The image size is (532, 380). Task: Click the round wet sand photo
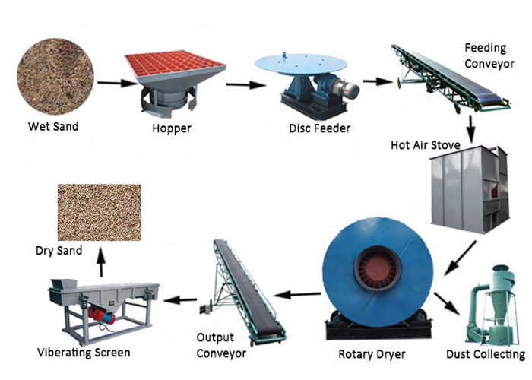pos(55,76)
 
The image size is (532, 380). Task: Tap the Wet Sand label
pos(53,127)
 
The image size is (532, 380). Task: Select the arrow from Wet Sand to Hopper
pos(117,83)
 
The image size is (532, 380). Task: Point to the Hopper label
pos(172,128)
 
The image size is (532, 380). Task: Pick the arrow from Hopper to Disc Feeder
pos(245,84)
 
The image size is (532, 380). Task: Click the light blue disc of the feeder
pos(301,64)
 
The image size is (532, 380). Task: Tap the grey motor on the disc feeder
pos(345,89)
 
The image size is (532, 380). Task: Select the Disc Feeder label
pos(320,128)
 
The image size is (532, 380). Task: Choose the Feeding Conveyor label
pos(489,55)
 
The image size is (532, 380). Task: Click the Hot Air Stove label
pos(426,145)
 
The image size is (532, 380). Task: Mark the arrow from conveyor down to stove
pos(470,129)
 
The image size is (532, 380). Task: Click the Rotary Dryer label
pos(372,355)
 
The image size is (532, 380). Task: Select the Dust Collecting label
pos(486,354)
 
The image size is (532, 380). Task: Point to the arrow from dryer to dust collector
pos(447,304)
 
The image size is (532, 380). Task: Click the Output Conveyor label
pos(221,345)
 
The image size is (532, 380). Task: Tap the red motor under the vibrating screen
pos(101,315)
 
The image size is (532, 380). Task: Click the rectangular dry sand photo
pos(100,212)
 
